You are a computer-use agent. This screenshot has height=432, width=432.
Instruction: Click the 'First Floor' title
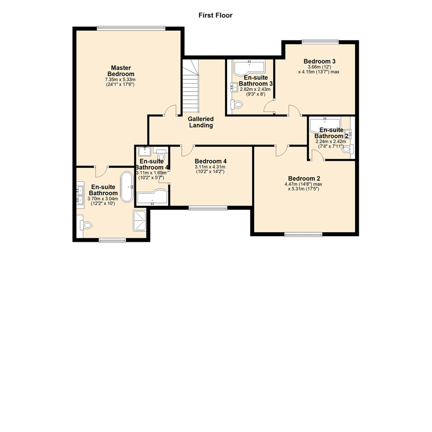216,16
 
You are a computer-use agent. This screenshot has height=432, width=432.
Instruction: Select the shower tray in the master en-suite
140,220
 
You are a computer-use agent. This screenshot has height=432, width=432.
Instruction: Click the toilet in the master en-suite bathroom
86,225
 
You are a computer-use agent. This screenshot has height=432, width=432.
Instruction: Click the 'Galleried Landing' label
201,122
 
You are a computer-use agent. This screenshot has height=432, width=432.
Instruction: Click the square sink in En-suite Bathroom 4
143,151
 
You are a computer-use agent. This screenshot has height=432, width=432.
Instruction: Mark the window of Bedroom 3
320,41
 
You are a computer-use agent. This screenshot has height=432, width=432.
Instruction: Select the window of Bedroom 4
208,208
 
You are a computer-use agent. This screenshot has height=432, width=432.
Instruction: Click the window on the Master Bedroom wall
131,28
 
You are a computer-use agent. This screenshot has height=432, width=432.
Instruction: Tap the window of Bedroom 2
303,235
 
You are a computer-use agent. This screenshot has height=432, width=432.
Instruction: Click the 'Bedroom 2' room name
304,178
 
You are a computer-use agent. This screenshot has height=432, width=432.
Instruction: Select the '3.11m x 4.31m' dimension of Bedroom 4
210,167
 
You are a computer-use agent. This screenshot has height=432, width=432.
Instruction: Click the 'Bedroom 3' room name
319,61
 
